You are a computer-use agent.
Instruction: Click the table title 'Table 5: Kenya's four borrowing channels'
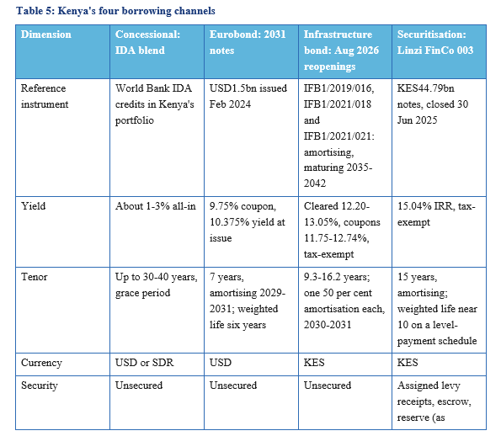tap(115, 11)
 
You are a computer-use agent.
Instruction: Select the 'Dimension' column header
tap(46, 35)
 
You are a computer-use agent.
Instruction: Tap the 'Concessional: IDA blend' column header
tap(147, 42)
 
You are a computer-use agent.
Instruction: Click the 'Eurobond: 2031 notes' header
tap(248, 42)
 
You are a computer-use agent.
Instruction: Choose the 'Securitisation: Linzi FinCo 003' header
tap(435, 42)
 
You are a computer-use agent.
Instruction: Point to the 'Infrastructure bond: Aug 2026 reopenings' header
tap(341, 51)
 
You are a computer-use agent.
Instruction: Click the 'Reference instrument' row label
tap(45, 96)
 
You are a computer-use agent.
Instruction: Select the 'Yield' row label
tap(33, 206)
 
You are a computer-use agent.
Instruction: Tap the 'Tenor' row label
tap(35, 277)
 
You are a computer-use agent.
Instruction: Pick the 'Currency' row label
tap(41, 363)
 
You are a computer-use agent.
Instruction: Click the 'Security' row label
tap(40, 385)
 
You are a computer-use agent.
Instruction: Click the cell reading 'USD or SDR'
tap(145, 363)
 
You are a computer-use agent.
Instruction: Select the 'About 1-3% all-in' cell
tap(156, 206)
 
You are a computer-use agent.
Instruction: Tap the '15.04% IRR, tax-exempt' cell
tap(436, 214)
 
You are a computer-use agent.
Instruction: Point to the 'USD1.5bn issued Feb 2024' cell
tap(248, 96)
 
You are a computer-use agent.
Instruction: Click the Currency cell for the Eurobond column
tap(221, 363)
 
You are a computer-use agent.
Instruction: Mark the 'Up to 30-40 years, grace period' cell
tap(157, 285)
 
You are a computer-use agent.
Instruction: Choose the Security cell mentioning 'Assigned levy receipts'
tap(434, 401)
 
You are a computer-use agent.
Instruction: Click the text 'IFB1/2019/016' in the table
tap(338, 88)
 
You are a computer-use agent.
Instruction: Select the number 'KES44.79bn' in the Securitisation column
tap(425, 88)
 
